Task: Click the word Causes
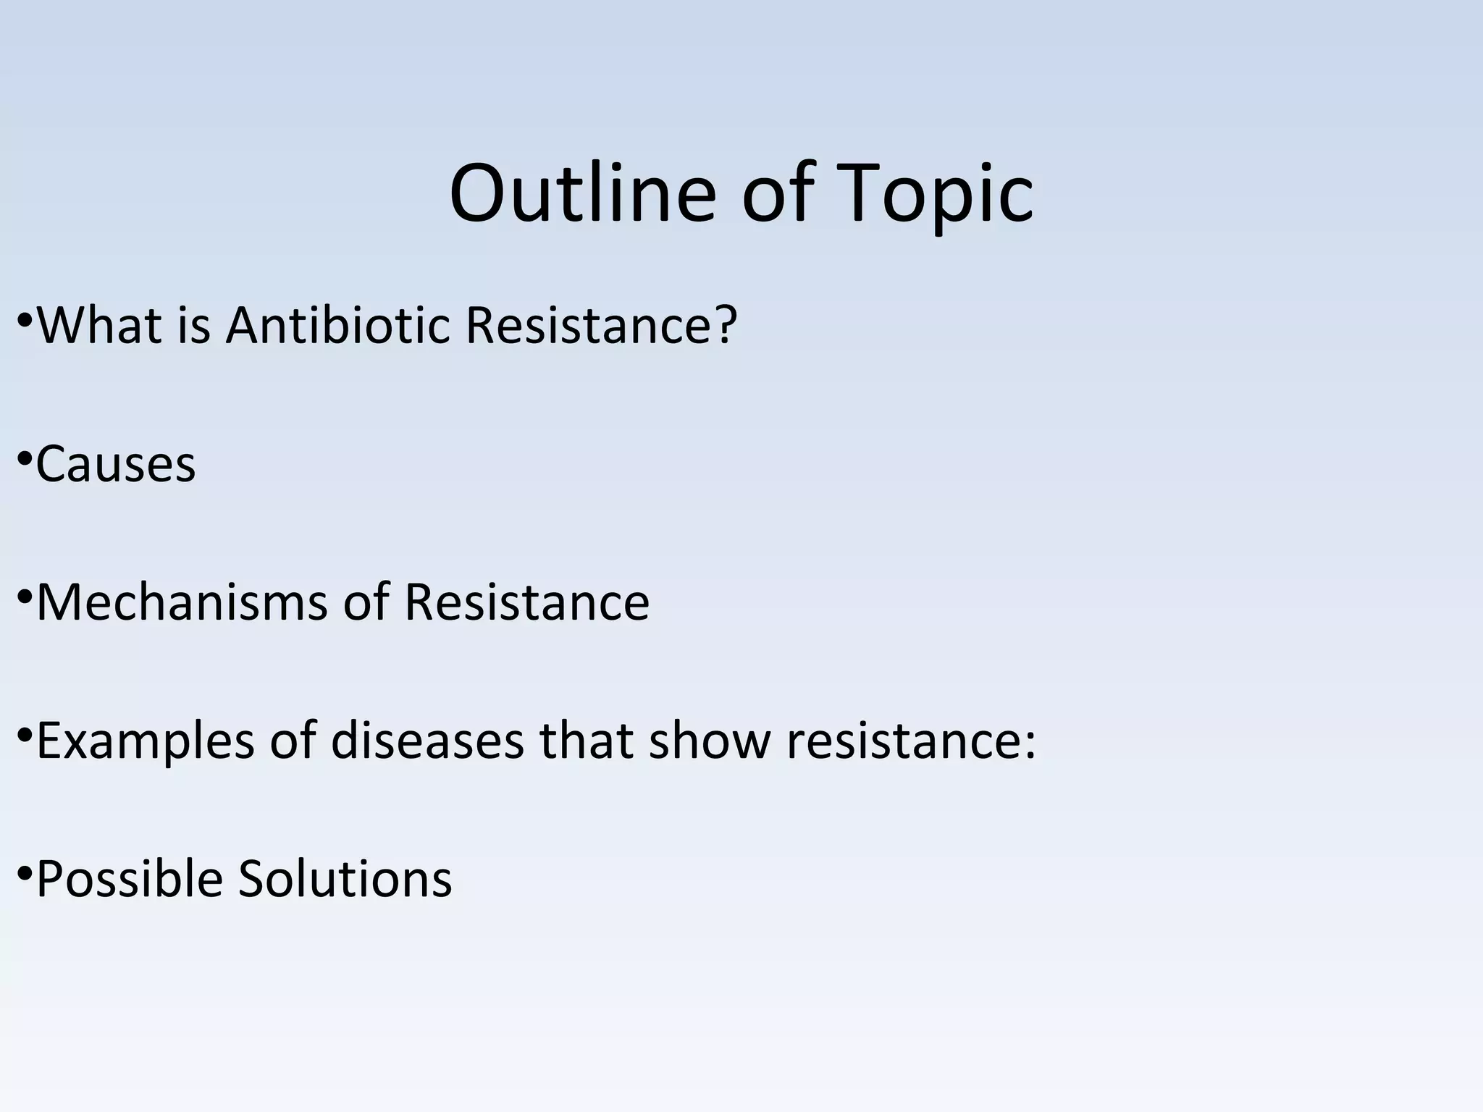click(x=116, y=464)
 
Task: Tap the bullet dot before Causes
click(x=25, y=458)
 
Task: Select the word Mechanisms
click(x=182, y=602)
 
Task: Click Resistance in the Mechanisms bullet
click(x=526, y=602)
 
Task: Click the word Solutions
click(x=345, y=880)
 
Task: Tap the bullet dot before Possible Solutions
click(x=25, y=873)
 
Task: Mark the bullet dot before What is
click(x=25, y=319)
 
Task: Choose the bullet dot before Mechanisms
click(x=25, y=596)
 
